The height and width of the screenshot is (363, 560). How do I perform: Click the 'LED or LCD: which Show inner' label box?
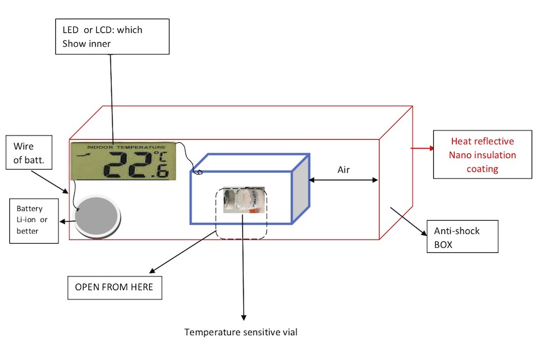[112, 37]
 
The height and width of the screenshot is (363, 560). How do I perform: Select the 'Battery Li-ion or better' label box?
[34, 221]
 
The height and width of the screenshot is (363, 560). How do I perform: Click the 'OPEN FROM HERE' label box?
[114, 287]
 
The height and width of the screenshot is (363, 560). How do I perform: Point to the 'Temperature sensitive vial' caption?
[241, 332]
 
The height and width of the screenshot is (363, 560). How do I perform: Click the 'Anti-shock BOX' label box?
[463, 237]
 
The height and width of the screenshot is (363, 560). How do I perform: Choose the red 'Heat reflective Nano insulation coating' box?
[482, 155]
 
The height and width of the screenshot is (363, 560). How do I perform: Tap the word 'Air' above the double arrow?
[343, 170]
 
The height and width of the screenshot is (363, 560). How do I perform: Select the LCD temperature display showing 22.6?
[124, 162]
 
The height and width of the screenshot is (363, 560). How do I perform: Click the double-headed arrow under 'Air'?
[343, 180]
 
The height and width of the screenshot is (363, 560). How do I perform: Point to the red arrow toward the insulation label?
[422, 148]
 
